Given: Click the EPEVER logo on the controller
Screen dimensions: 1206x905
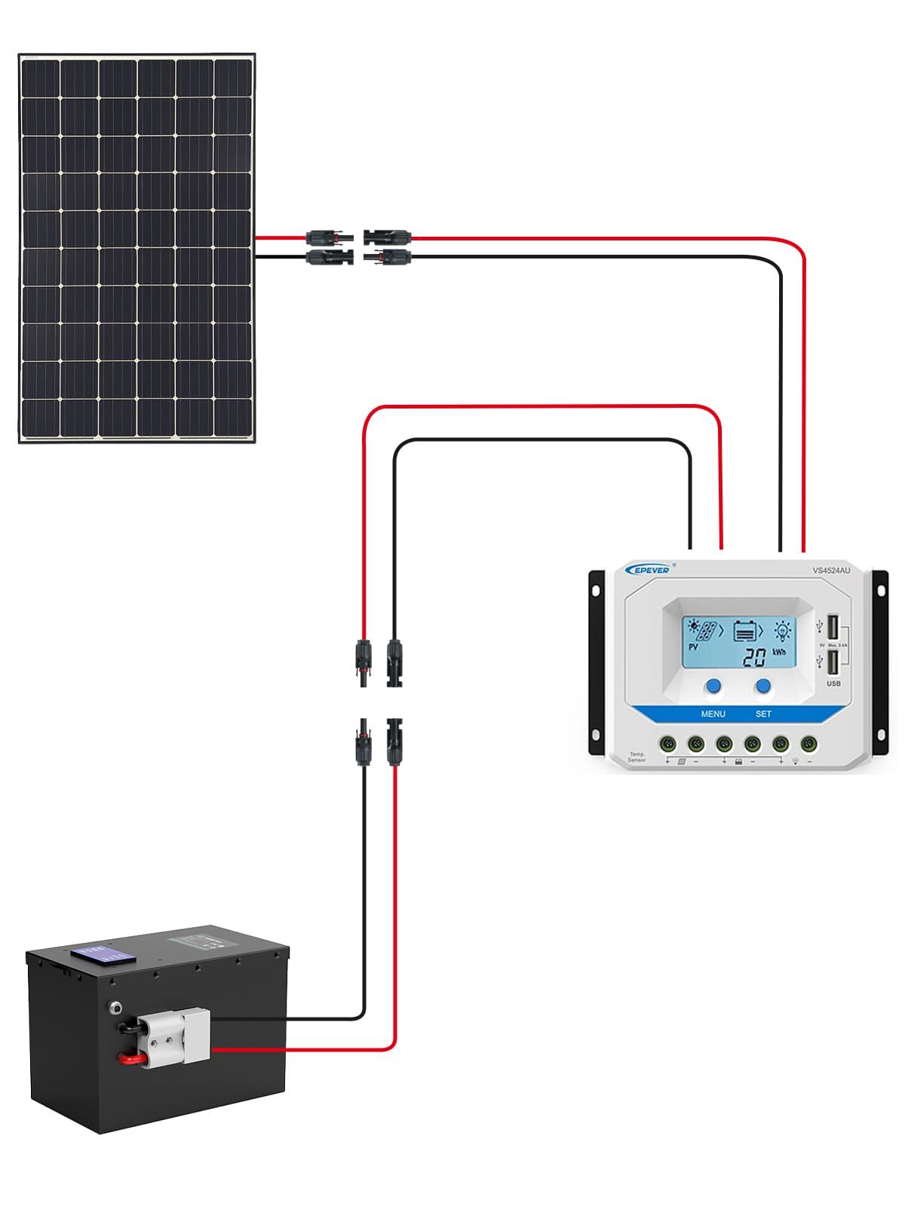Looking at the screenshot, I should point(647,570).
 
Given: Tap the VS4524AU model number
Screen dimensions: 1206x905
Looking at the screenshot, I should point(830,571).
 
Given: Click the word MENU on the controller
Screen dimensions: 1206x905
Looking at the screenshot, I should point(713,714).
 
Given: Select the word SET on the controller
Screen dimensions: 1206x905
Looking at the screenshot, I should point(763,714).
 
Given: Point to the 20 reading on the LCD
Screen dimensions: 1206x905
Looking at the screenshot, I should point(754,657).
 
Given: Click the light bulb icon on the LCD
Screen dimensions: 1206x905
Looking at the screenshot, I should point(784,629).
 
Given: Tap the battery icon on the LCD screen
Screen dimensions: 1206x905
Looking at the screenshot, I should point(746,629).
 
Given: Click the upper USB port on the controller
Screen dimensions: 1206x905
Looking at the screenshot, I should point(833,627).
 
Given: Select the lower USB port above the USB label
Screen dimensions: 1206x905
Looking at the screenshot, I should point(833,663).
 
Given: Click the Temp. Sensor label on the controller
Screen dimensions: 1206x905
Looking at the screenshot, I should point(637,758).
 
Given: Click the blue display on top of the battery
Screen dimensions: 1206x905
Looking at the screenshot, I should point(103,953).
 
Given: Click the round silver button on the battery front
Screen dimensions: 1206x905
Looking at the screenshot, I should point(115,1006).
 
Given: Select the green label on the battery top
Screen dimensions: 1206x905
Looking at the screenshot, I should point(193,941).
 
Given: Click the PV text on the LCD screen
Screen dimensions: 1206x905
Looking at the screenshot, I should point(693,647).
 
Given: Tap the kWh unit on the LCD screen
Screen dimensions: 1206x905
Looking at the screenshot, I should point(779,652).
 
